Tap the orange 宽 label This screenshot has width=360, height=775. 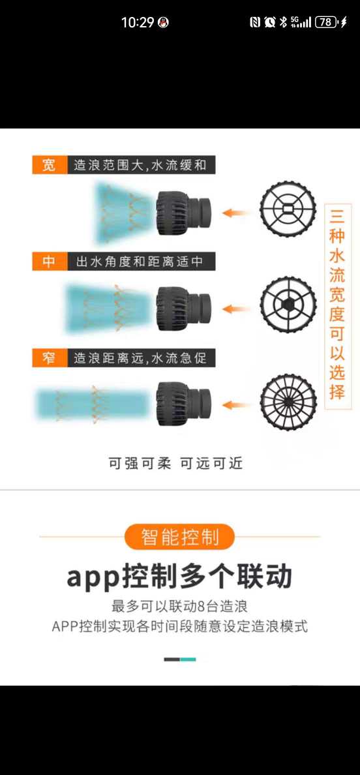click(50, 165)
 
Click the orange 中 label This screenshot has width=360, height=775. click(50, 261)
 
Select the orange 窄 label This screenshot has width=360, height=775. click(50, 358)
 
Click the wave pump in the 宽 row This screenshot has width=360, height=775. click(183, 213)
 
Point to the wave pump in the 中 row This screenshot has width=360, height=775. click(183, 309)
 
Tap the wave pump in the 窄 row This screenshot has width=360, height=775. click(183, 405)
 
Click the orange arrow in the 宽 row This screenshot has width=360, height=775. click(235, 213)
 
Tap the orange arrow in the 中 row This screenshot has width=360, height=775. click(235, 309)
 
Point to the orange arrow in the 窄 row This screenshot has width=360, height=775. click(235, 405)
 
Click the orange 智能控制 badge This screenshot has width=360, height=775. click(180, 537)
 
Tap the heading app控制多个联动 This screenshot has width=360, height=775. click(180, 576)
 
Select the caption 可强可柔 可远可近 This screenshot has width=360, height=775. click(176, 464)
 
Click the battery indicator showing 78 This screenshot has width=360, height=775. click(327, 22)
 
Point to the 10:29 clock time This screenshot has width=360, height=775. click(138, 22)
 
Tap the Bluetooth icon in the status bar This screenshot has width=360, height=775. click(283, 22)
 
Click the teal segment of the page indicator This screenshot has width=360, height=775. click(188, 660)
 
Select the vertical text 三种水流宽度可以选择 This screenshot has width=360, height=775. click(338, 307)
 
